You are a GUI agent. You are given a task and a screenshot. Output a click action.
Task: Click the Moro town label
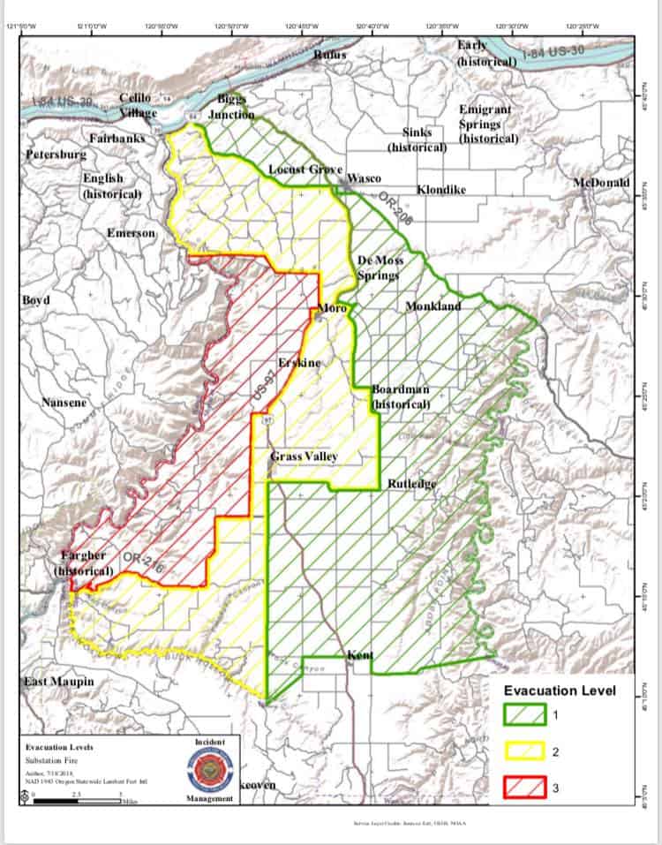[333, 307]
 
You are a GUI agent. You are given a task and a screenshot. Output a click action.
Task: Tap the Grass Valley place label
[304, 456]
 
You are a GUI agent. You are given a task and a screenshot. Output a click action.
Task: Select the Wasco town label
[364, 177]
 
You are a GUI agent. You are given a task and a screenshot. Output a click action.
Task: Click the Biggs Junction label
[231, 106]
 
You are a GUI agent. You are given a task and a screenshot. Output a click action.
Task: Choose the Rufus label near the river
[330, 55]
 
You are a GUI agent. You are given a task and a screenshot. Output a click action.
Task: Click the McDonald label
[602, 182]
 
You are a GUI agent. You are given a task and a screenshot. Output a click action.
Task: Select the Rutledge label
[412, 485]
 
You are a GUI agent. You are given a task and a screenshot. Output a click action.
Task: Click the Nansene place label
[64, 403]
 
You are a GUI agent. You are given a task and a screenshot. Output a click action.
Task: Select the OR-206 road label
[396, 211]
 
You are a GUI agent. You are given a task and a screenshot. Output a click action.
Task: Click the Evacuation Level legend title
[560, 690]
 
